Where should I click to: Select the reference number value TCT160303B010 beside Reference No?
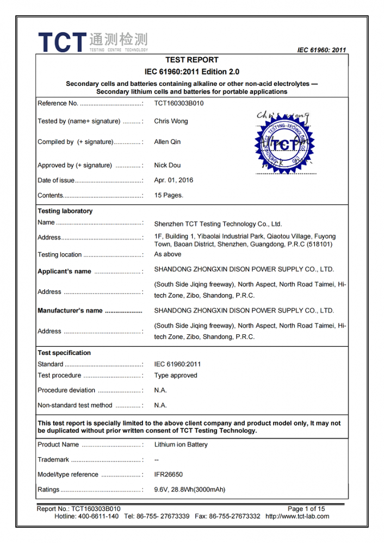(178, 103)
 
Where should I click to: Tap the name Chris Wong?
(171, 121)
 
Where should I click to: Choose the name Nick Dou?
(168, 165)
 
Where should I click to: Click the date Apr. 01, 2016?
(174, 180)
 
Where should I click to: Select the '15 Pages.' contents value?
(169, 195)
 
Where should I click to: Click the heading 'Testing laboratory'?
(65, 211)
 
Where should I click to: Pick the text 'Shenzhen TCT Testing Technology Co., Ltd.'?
(218, 224)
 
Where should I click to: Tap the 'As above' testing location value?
(168, 254)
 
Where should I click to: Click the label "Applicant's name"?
(64, 271)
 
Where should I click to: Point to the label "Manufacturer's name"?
(70, 311)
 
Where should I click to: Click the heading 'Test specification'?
(64, 353)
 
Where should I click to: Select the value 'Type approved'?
(176, 376)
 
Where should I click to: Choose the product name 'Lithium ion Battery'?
(181, 445)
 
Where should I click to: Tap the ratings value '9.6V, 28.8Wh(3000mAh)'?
(189, 490)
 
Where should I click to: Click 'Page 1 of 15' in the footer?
(306, 509)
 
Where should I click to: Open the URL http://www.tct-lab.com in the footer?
(297, 516)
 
